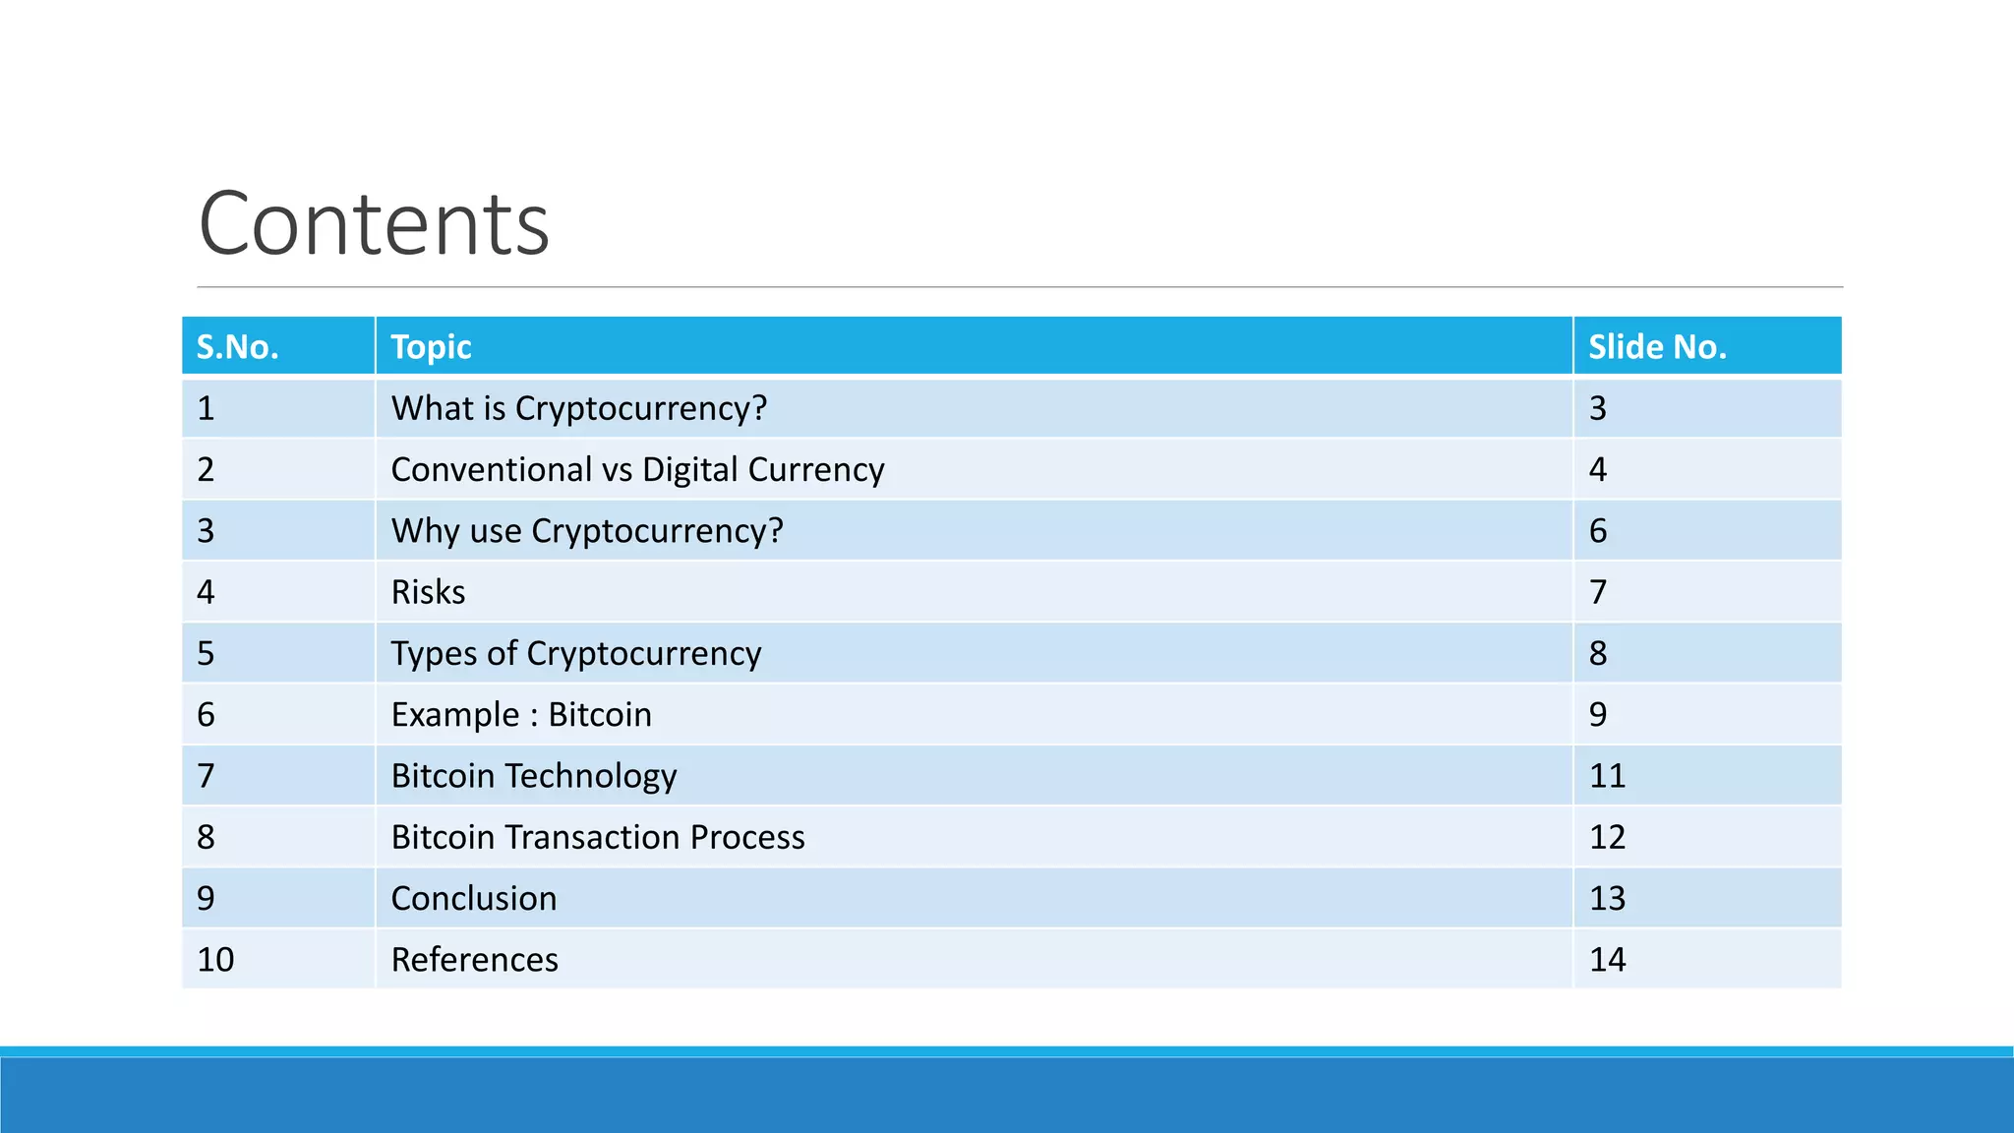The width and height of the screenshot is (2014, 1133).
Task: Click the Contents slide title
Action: coord(374,224)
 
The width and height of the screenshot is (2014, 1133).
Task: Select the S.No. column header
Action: coord(238,347)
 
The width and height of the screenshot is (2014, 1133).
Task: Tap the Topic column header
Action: coord(431,347)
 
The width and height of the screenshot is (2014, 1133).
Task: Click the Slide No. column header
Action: coord(1657,347)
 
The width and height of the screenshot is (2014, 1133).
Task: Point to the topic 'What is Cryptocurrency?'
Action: coord(578,408)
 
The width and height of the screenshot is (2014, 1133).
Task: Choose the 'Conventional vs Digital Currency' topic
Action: coord(637,470)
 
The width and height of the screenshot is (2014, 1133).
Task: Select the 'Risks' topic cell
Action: coord(429,592)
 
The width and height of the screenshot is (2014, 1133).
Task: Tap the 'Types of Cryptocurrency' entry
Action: coord(576,654)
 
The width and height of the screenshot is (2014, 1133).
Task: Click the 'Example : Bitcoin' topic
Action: coord(521,715)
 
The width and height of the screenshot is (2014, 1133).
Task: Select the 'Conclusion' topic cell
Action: coord(474,899)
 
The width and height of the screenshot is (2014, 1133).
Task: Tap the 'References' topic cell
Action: coord(475,960)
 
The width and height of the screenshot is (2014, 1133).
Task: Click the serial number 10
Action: coord(215,960)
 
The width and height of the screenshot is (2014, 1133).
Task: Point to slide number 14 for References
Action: coord(1607,960)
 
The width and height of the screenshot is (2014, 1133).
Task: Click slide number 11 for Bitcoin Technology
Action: coord(1607,776)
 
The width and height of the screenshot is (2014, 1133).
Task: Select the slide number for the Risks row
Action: coord(1598,592)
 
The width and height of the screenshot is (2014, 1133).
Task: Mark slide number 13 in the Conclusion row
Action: coord(1607,899)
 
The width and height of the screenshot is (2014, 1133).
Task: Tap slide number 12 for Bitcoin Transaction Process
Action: coord(1607,837)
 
